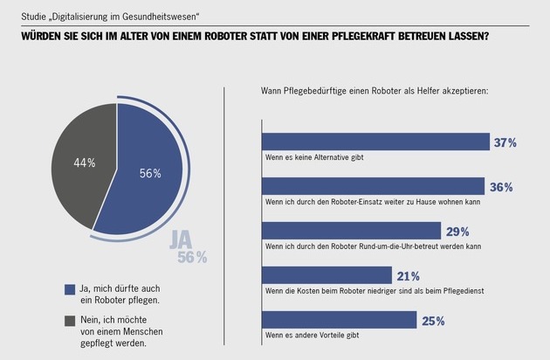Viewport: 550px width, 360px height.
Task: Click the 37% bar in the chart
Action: point(375,142)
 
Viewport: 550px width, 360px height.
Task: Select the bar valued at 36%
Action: point(373,186)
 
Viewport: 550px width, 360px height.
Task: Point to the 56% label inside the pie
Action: point(150,173)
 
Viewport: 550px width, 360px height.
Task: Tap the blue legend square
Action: point(69,289)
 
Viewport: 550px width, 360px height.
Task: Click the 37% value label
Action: point(505,142)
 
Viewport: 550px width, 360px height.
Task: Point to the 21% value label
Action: point(408,276)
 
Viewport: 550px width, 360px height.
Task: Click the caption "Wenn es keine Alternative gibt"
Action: point(313,156)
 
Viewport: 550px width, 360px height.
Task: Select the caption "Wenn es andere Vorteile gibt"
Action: point(311,335)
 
